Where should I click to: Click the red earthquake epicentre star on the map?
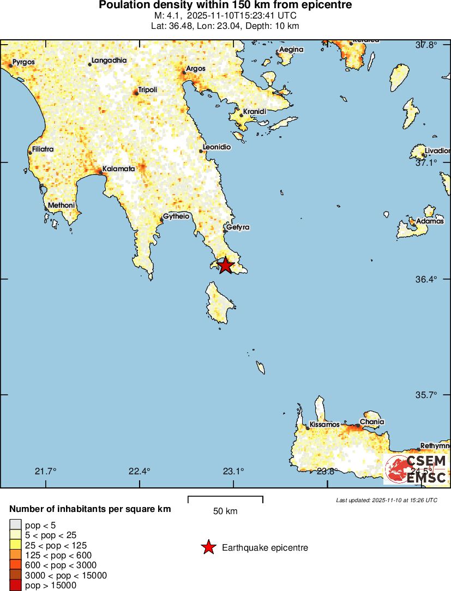pos(225,266)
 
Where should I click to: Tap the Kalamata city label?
pos(118,169)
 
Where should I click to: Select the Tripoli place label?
pos(148,89)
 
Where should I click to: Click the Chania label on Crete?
pos(372,422)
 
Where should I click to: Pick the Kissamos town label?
pos(324,424)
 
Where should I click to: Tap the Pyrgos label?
pos(23,62)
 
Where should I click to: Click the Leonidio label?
pos(217,147)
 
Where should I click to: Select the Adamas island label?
pos(430,222)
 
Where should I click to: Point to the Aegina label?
pos(291,50)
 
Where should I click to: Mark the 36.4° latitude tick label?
pos(426,279)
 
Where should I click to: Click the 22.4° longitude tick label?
pos(140,472)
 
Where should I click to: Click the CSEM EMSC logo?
pos(416,469)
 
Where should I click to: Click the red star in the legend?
pos(208,547)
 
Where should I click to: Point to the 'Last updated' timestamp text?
pos(387,500)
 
